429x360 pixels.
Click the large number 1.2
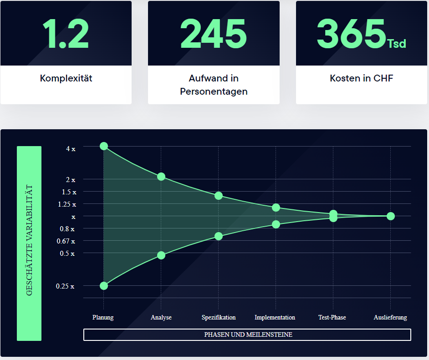pyautogui.click(x=66, y=34)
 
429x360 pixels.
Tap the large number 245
pyautogui.click(x=214, y=34)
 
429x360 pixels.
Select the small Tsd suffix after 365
pyautogui.click(x=396, y=44)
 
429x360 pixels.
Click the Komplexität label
pyautogui.click(x=66, y=78)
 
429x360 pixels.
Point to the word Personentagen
pyautogui.click(x=214, y=91)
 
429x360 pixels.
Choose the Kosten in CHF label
pyautogui.click(x=361, y=78)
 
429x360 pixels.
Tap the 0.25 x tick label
pyautogui.click(x=65, y=286)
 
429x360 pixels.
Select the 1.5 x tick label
pyautogui.click(x=69, y=192)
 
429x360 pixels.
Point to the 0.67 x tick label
pyautogui.click(x=66, y=241)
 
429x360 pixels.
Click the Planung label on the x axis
pyautogui.click(x=103, y=317)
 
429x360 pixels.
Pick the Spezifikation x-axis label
pyautogui.click(x=219, y=317)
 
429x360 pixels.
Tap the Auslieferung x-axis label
pyautogui.click(x=390, y=317)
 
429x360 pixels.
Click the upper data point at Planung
pyautogui.click(x=104, y=146)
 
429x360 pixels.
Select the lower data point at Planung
pyautogui.click(x=104, y=286)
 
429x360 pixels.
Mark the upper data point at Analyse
pyautogui.click(x=161, y=177)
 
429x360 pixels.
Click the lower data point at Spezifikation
pyautogui.click(x=219, y=236)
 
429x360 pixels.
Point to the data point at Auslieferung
pyautogui.click(x=391, y=216)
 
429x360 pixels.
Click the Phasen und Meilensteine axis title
pyautogui.click(x=248, y=335)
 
